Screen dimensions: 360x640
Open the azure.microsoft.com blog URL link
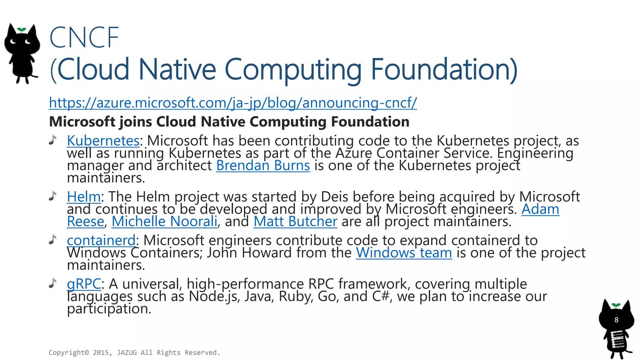click(233, 103)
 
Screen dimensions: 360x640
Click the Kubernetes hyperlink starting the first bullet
click(103, 141)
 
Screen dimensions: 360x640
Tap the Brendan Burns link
click(263, 166)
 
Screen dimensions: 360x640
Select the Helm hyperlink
click(84, 197)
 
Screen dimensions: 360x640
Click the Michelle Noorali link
click(164, 222)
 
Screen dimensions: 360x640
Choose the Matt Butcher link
click(295, 222)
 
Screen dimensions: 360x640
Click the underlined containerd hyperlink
click(101, 240)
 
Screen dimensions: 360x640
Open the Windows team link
click(404, 253)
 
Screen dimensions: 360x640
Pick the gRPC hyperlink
click(84, 284)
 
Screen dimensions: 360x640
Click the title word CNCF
click(84, 38)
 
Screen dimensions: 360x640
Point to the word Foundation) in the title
click(444, 69)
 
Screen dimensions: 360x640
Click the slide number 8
click(616, 320)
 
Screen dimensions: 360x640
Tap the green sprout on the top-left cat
click(21, 30)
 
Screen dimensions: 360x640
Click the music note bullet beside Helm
click(53, 196)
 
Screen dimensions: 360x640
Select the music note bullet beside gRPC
click(53, 283)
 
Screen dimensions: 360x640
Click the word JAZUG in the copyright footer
click(127, 353)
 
